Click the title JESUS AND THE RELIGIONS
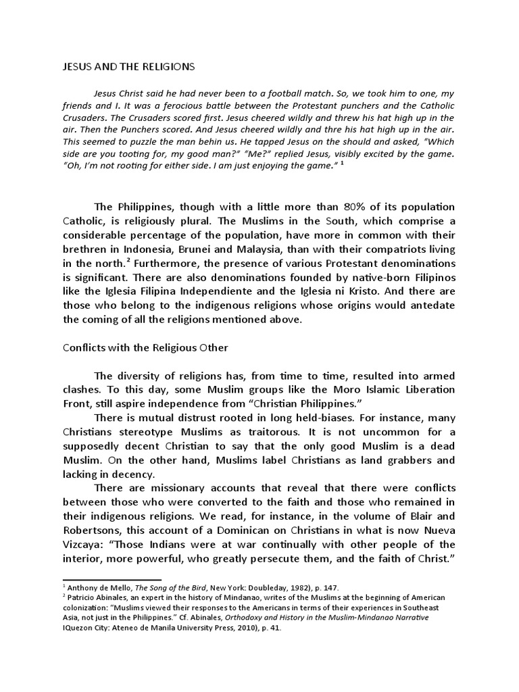[124, 66]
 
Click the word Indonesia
[151, 249]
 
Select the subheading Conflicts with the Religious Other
[146, 348]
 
